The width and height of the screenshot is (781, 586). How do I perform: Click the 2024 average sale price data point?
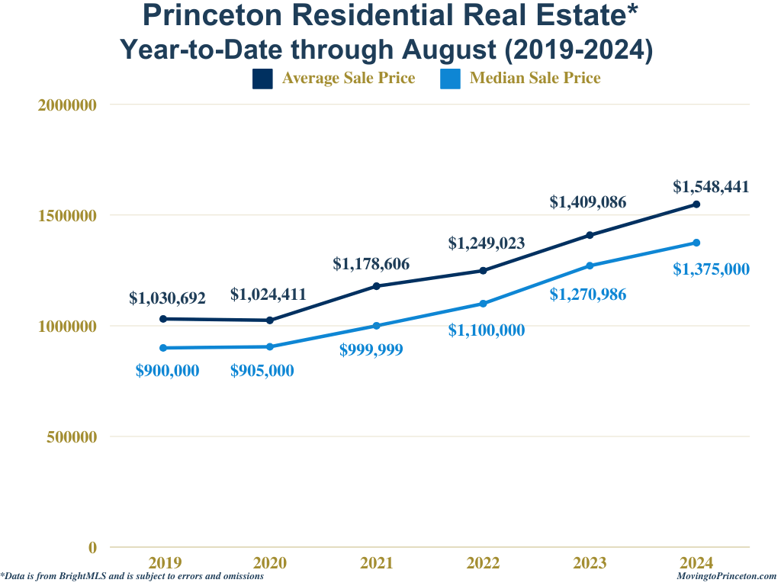pyautogui.click(x=696, y=204)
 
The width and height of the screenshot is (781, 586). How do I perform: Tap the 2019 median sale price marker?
pyautogui.click(x=163, y=348)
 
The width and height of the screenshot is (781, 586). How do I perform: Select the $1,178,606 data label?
pyautogui.click(x=371, y=265)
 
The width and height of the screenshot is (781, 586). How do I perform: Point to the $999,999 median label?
pyautogui.click(x=371, y=350)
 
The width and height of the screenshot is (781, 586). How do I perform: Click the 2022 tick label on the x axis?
pyautogui.click(x=483, y=563)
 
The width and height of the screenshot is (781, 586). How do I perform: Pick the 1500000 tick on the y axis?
pyautogui.click(x=67, y=216)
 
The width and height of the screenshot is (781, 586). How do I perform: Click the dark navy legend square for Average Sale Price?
pyautogui.click(x=262, y=79)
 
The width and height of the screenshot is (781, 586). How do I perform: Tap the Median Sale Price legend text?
pyautogui.click(x=535, y=78)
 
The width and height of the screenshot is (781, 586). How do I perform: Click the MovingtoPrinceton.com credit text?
pyautogui.click(x=726, y=577)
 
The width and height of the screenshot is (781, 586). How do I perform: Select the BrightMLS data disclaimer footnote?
pyautogui.click(x=132, y=577)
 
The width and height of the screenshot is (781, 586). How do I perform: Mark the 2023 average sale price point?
pyautogui.click(x=590, y=235)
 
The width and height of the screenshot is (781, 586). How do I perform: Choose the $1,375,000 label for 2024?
pyautogui.click(x=711, y=269)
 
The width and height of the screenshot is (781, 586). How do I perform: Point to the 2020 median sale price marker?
pyautogui.click(x=270, y=346)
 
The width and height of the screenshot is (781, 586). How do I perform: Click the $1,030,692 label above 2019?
pyautogui.click(x=167, y=298)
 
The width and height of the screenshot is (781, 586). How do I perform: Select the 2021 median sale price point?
pyautogui.click(x=376, y=326)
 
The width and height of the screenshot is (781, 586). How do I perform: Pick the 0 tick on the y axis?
pyautogui.click(x=92, y=547)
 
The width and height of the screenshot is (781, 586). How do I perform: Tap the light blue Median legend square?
pyautogui.click(x=450, y=79)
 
